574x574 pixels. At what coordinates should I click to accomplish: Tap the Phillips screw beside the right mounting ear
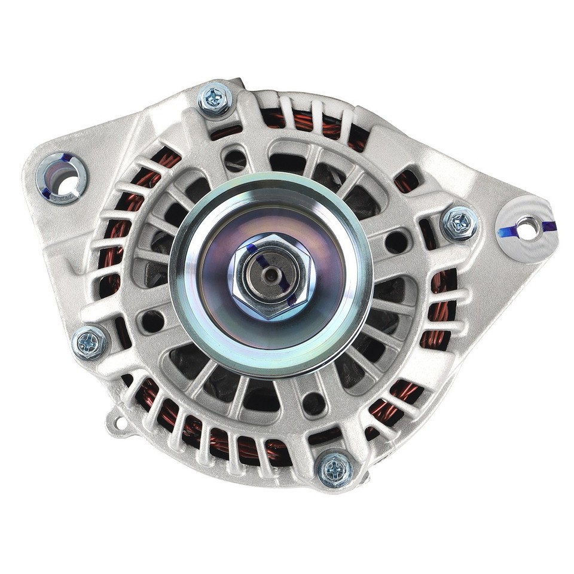tap(459, 223)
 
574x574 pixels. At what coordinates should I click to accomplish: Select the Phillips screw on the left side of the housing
tap(90, 343)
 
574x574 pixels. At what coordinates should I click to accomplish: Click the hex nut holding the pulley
tap(272, 276)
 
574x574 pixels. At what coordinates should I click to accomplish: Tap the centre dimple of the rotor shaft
tap(273, 276)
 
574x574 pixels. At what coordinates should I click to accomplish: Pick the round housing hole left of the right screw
tap(396, 242)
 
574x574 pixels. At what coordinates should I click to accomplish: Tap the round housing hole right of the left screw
tap(152, 322)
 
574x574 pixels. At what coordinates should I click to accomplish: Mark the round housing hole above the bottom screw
tap(313, 403)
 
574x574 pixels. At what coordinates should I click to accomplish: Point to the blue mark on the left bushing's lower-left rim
tap(46, 191)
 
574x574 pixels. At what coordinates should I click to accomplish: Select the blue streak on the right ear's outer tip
tap(548, 226)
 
